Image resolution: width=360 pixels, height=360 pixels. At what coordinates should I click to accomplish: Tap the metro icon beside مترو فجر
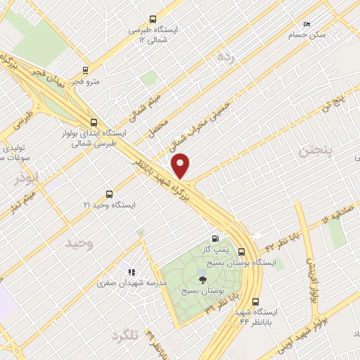click(85, 70)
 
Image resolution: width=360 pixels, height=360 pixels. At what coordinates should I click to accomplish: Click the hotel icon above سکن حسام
click(306, 23)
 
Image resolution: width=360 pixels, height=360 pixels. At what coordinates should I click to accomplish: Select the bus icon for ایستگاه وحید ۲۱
click(109, 193)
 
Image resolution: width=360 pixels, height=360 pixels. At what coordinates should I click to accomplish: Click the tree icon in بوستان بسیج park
click(203, 279)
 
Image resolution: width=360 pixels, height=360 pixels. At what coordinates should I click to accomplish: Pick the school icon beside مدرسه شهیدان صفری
click(130, 272)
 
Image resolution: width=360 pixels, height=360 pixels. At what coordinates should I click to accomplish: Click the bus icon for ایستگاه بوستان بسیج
click(242, 251)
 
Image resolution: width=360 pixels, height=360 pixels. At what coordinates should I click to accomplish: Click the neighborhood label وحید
click(79, 243)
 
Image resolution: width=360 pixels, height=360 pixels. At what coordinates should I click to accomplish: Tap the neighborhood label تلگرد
click(126, 336)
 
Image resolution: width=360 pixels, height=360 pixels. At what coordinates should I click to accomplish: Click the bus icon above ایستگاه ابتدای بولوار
click(94, 121)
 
